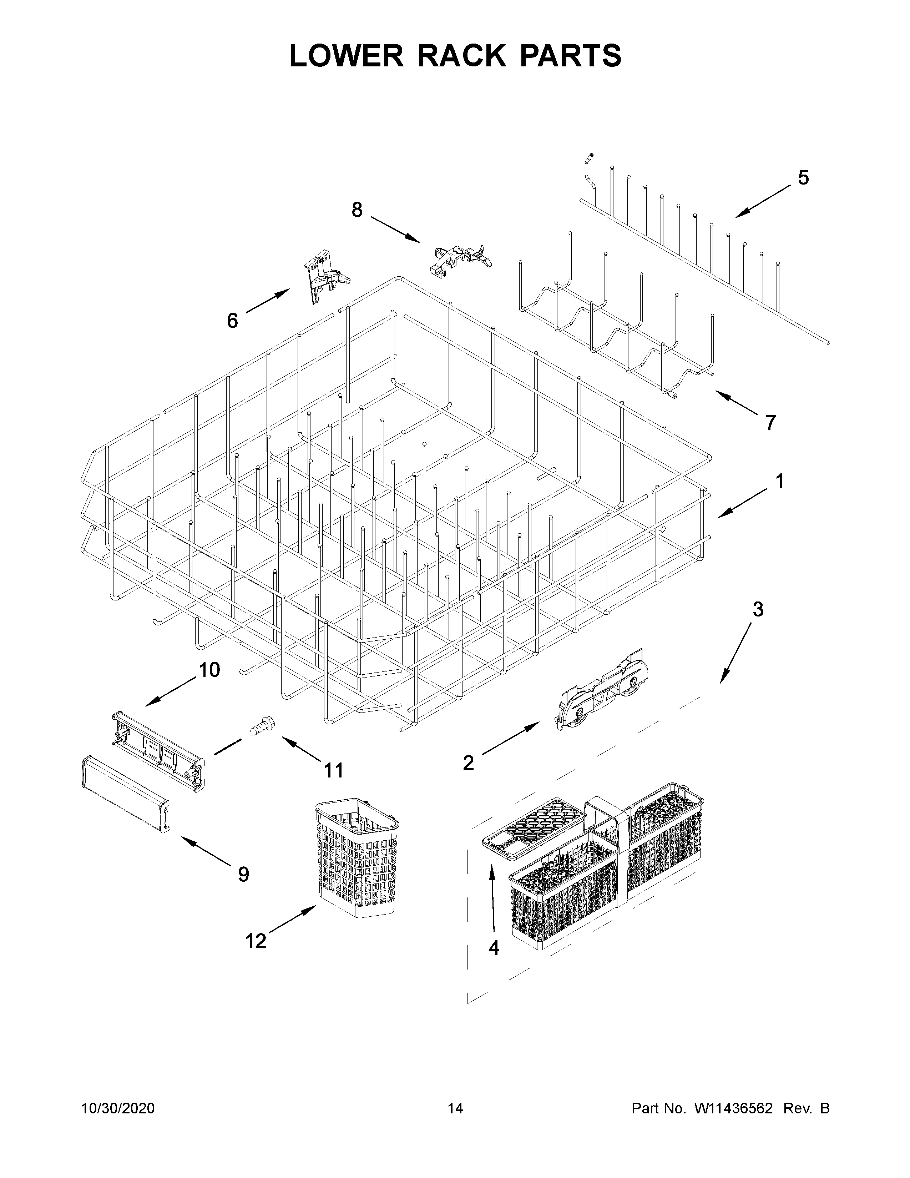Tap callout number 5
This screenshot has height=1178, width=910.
pos(803,177)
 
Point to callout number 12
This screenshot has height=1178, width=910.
pos(256,941)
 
